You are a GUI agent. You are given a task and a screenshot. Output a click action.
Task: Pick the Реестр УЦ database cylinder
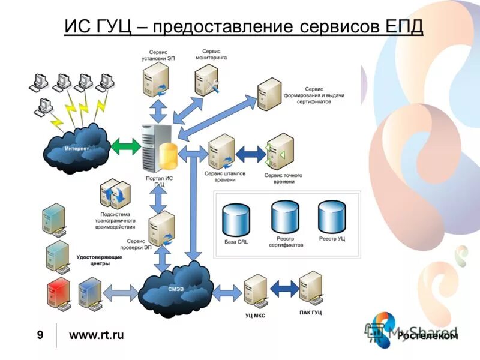(332, 217)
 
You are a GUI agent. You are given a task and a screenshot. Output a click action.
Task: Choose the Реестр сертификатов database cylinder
(284, 217)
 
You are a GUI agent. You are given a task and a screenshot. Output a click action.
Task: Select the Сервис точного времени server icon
(280, 151)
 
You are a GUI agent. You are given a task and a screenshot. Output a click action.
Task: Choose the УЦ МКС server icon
(255, 291)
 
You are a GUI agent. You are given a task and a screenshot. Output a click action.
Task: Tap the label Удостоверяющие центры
(100, 260)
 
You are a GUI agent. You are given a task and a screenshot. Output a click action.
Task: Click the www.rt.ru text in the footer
(97, 335)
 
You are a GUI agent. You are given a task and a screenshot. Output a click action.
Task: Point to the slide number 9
(40, 335)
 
